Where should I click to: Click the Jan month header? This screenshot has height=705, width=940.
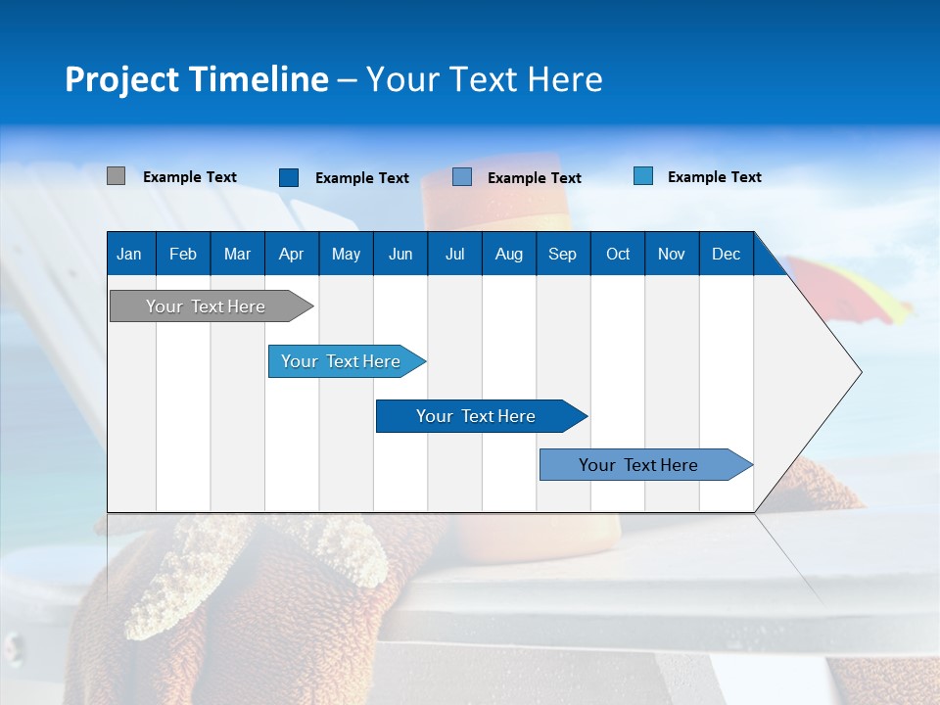pos(129,254)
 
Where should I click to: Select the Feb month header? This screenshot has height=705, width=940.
pos(183,254)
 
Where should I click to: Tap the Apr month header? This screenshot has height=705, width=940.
pos(291,254)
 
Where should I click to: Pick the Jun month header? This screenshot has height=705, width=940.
pos(400,254)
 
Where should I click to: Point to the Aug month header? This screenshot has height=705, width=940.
pos(508,254)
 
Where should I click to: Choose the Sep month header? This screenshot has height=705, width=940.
pos(562,254)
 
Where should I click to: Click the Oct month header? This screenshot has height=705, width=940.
pos(618,254)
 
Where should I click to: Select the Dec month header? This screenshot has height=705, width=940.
pos(726,254)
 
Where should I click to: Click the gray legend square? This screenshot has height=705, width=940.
pos(116,176)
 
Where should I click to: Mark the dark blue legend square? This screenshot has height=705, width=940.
pos(289,177)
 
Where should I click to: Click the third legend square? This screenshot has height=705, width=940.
pos(462,177)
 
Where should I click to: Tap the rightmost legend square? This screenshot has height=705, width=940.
pos(643,176)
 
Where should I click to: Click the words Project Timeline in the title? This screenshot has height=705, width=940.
pos(197,79)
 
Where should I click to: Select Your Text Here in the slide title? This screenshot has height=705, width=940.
pos(485,79)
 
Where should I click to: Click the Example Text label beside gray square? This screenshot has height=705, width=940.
pos(190,177)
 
